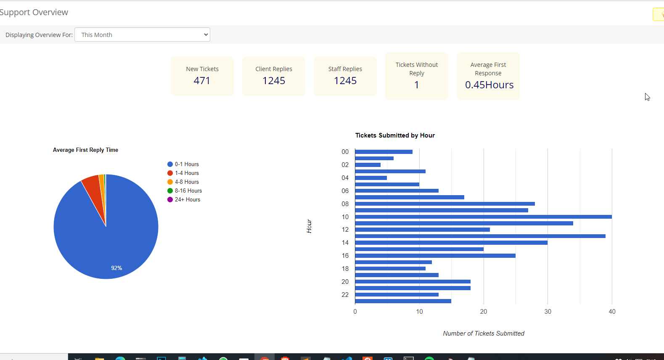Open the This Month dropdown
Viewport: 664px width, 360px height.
pos(142,34)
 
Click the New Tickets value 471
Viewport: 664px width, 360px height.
pos(202,81)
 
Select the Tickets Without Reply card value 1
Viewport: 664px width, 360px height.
pos(416,85)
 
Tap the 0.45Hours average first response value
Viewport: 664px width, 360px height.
pos(489,85)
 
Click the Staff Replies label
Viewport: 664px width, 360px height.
pos(345,69)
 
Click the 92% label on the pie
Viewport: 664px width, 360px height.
pos(116,268)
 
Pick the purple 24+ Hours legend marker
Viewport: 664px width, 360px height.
pos(170,200)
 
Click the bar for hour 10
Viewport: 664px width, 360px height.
pos(484,217)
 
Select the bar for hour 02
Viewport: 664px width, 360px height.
pos(368,165)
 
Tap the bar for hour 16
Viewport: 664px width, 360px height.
pos(435,256)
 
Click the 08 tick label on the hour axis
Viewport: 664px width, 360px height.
pos(345,204)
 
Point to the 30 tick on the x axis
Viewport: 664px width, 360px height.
pos(548,312)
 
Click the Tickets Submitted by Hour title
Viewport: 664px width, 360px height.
pos(395,135)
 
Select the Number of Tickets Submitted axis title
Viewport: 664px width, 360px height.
pos(484,334)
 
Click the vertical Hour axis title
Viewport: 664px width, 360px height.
pos(309,226)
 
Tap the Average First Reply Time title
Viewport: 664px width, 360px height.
pos(85,150)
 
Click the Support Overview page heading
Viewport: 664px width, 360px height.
pos(34,12)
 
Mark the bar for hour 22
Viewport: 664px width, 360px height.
pos(397,295)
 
